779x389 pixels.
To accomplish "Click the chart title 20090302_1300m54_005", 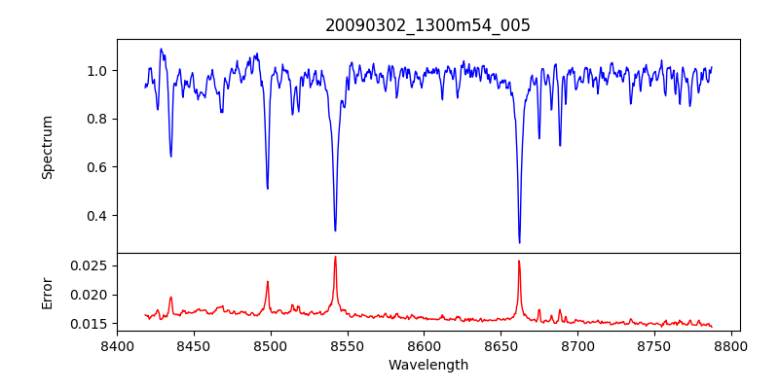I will [x=427, y=25].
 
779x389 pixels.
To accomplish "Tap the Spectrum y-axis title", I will [x=47, y=147].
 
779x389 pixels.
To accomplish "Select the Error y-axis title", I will [x=47, y=292].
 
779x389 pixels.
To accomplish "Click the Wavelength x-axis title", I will [x=427, y=366].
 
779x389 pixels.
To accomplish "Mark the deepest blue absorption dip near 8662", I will [x=519, y=242].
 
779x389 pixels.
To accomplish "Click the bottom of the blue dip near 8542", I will [x=335, y=230].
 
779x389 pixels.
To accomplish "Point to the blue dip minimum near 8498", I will [x=268, y=188].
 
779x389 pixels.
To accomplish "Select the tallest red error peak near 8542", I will [x=335, y=257].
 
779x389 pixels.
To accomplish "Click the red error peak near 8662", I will [x=519, y=261].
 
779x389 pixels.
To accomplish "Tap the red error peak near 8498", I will [x=268, y=282].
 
